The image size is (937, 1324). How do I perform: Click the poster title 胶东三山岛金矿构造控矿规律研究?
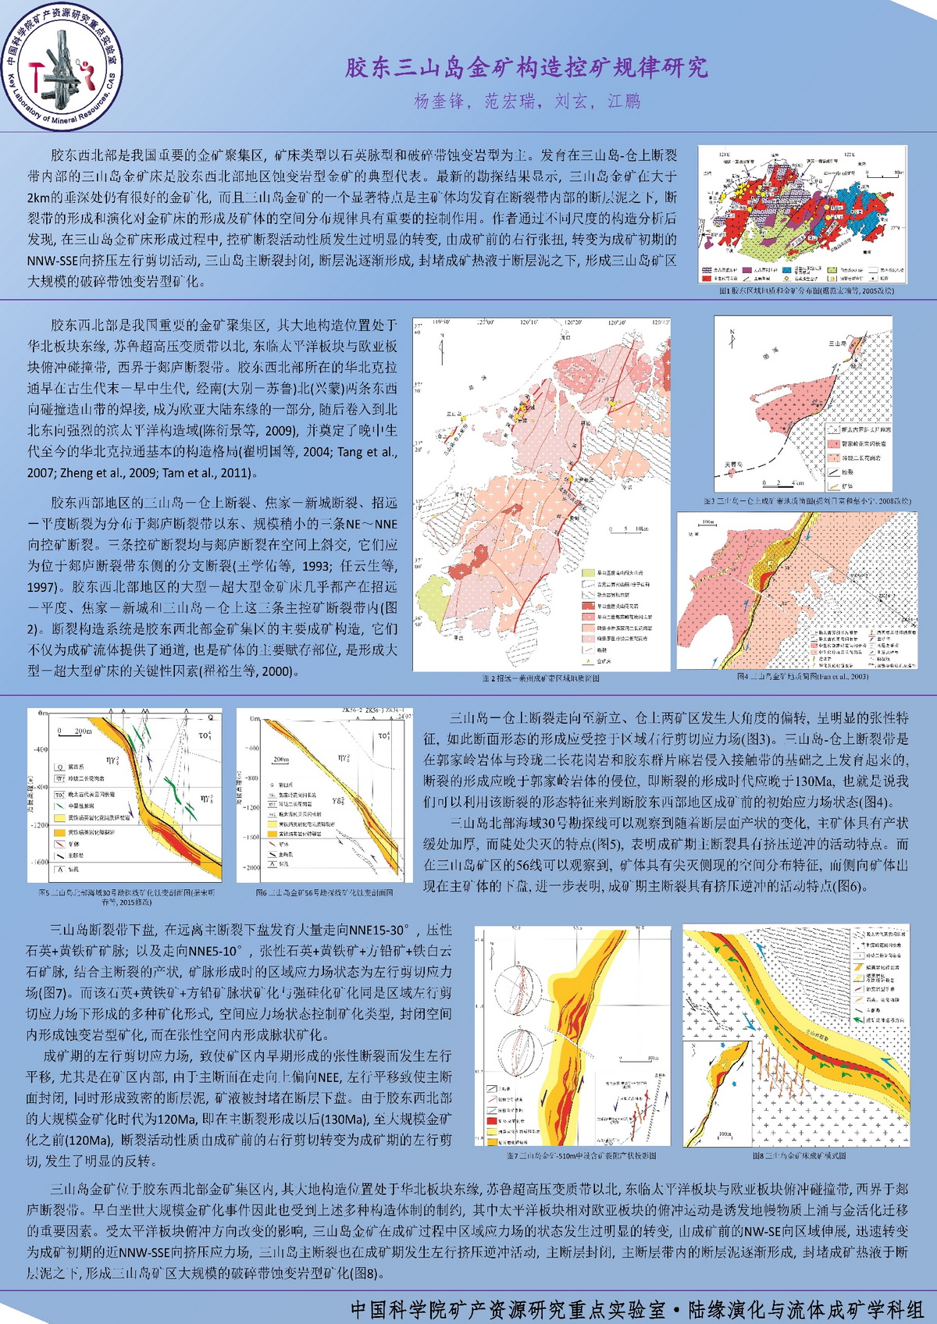tap(527, 68)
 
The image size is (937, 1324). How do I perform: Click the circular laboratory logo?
tap(62, 71)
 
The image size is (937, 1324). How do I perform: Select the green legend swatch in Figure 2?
tap(590, 572)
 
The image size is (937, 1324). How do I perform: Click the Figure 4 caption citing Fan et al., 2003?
tap(803, 676)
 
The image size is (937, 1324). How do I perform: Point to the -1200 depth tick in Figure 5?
tap(39, 824)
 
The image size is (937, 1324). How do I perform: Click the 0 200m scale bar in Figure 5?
tap(73, 732)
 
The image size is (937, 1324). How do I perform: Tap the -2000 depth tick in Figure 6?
tap(251, 867)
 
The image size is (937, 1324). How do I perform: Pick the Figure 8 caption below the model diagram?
tap(799, 1155)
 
